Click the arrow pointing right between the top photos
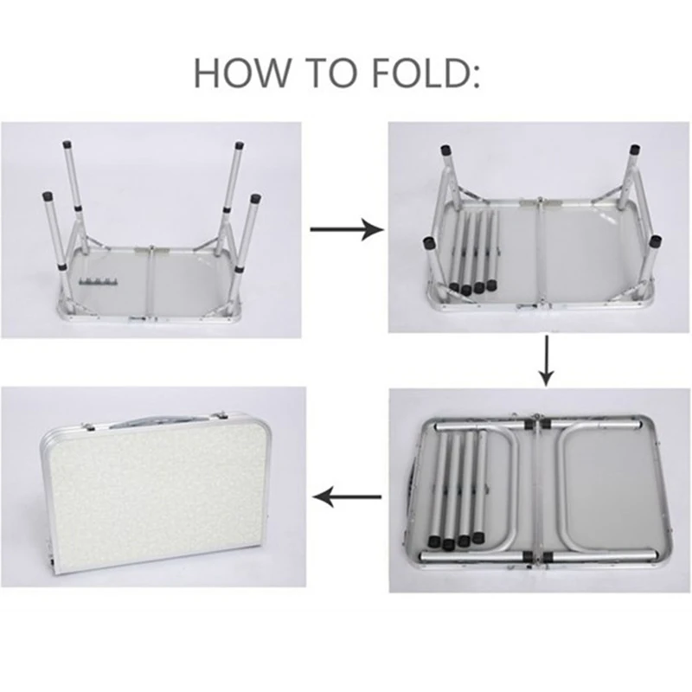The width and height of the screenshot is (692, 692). click(x=346, y=229)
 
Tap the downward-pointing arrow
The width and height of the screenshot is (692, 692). click(x=545, y=360)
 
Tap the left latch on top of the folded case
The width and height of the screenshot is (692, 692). click(x=90, y=425)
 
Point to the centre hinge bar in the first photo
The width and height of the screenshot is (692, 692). click(x=152, y=280)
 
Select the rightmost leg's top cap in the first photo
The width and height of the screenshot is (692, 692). click(x=254, y=199)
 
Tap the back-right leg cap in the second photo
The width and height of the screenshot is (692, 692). click(x=634, y=151)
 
